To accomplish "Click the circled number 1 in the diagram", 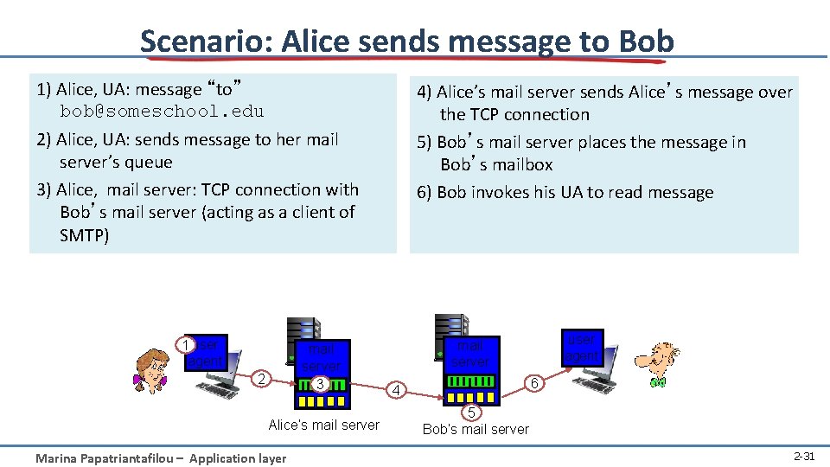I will pyautogui.click(x=184, y=344).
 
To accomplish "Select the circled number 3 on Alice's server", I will pyautogui.click(x=320, y=383).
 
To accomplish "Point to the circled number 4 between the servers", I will pyautogui.click(x=396, y=390).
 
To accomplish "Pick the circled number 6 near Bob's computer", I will pyautogui.click(x=534, y=383).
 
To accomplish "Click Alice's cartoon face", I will pyautogui.click(x=150, y=370).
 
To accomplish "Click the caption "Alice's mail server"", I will pyautogui.click(x=323, y=425).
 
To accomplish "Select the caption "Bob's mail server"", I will pyautogui.click(x=476, y=429).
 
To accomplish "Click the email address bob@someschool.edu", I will pyautogui.click(x=162, y=112).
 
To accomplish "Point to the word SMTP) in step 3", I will pyautogui.click(x=85, y=234).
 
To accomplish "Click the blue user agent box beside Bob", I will pyautogui.click(x=581, y=348).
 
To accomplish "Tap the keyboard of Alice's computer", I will pyautogui.click(x=220, y=391).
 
